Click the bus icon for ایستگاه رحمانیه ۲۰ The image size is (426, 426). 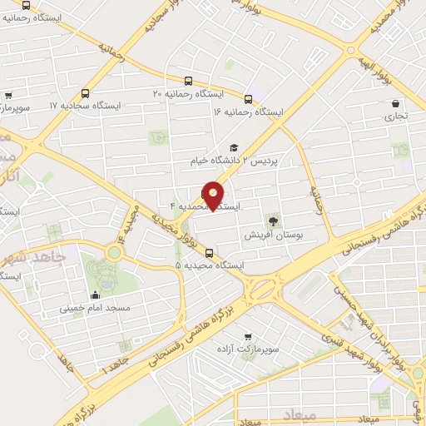click(189, 82)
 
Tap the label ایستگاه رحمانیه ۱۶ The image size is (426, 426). click(247, 111)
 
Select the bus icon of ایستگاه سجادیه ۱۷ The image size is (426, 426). click(85, 94)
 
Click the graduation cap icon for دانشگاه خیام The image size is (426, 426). click(233, 147)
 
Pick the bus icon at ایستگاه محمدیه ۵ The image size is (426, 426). click(208, 253)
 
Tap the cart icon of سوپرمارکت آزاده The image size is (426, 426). click(247, 336)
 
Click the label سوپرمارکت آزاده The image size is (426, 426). click(247, 349)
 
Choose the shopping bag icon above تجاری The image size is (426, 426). click(395, 104)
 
